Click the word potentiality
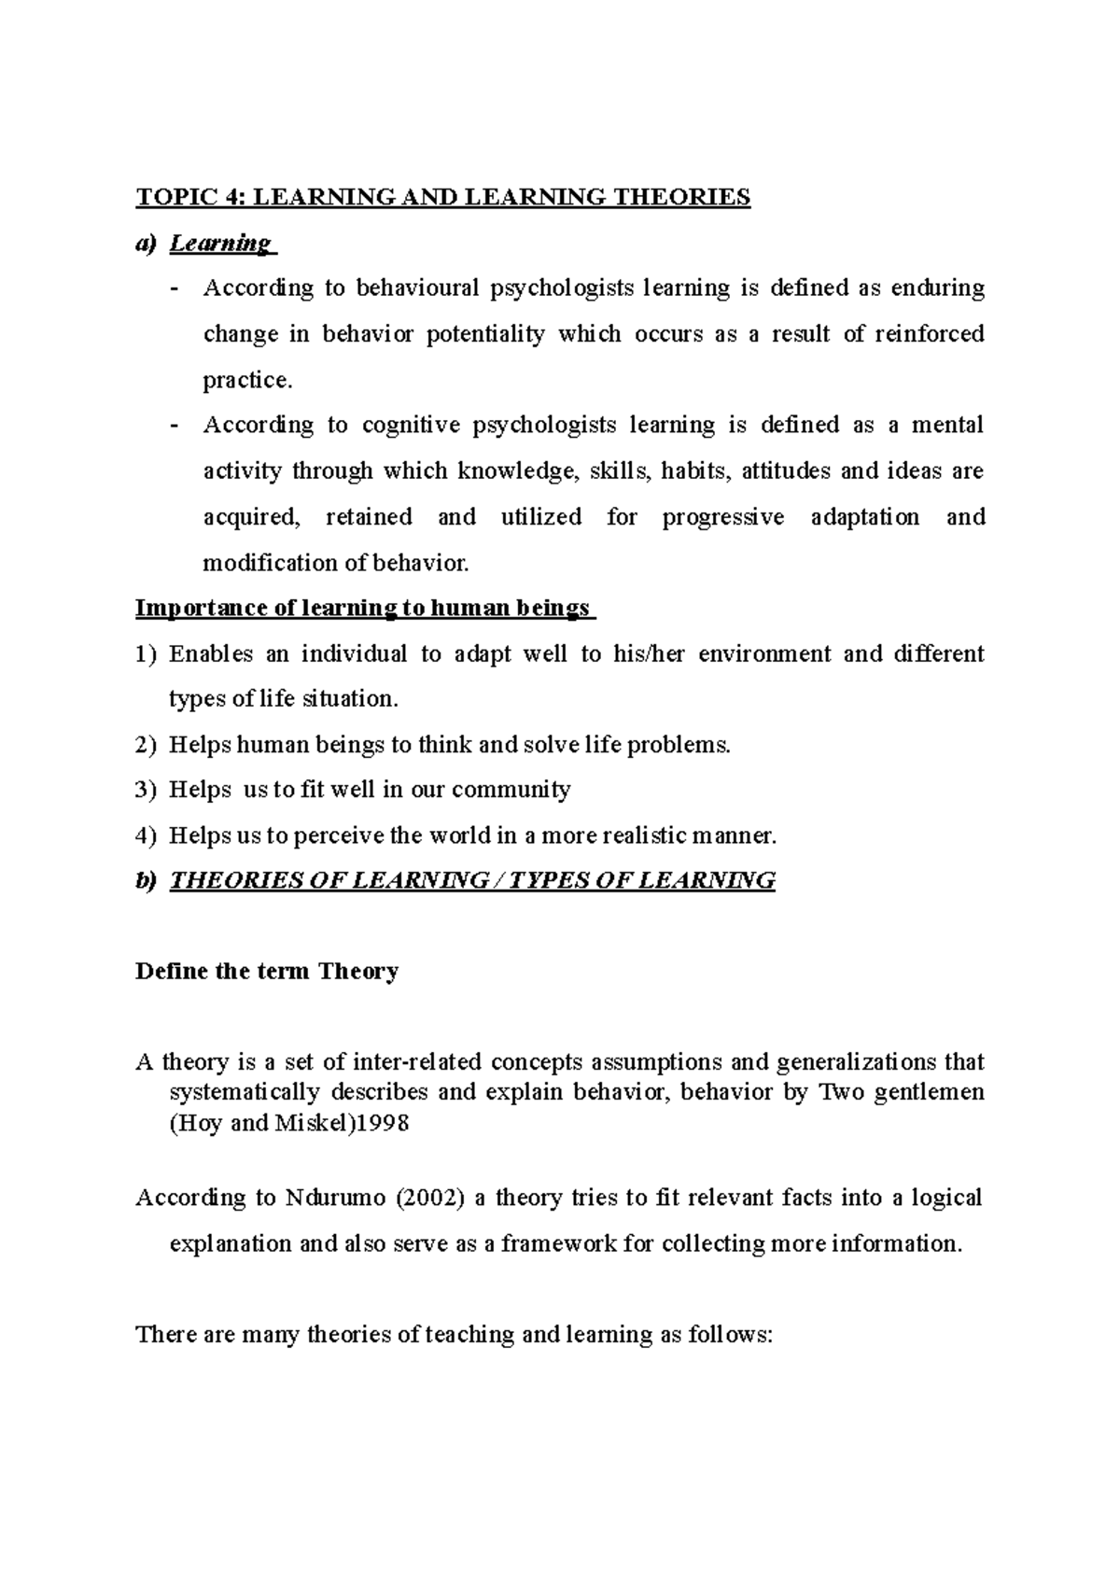click(485, 334)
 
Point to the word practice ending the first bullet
click(246, 381)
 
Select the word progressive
click(723, 517)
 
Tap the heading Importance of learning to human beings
click(363, 609)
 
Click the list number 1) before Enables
click(147, 654)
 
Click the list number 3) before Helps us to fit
click(147, 791)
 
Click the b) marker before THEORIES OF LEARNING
click(147, 881)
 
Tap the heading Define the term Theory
click(267, 972)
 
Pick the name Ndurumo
click(335, 1199)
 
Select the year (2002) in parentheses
click(430, 1199)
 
